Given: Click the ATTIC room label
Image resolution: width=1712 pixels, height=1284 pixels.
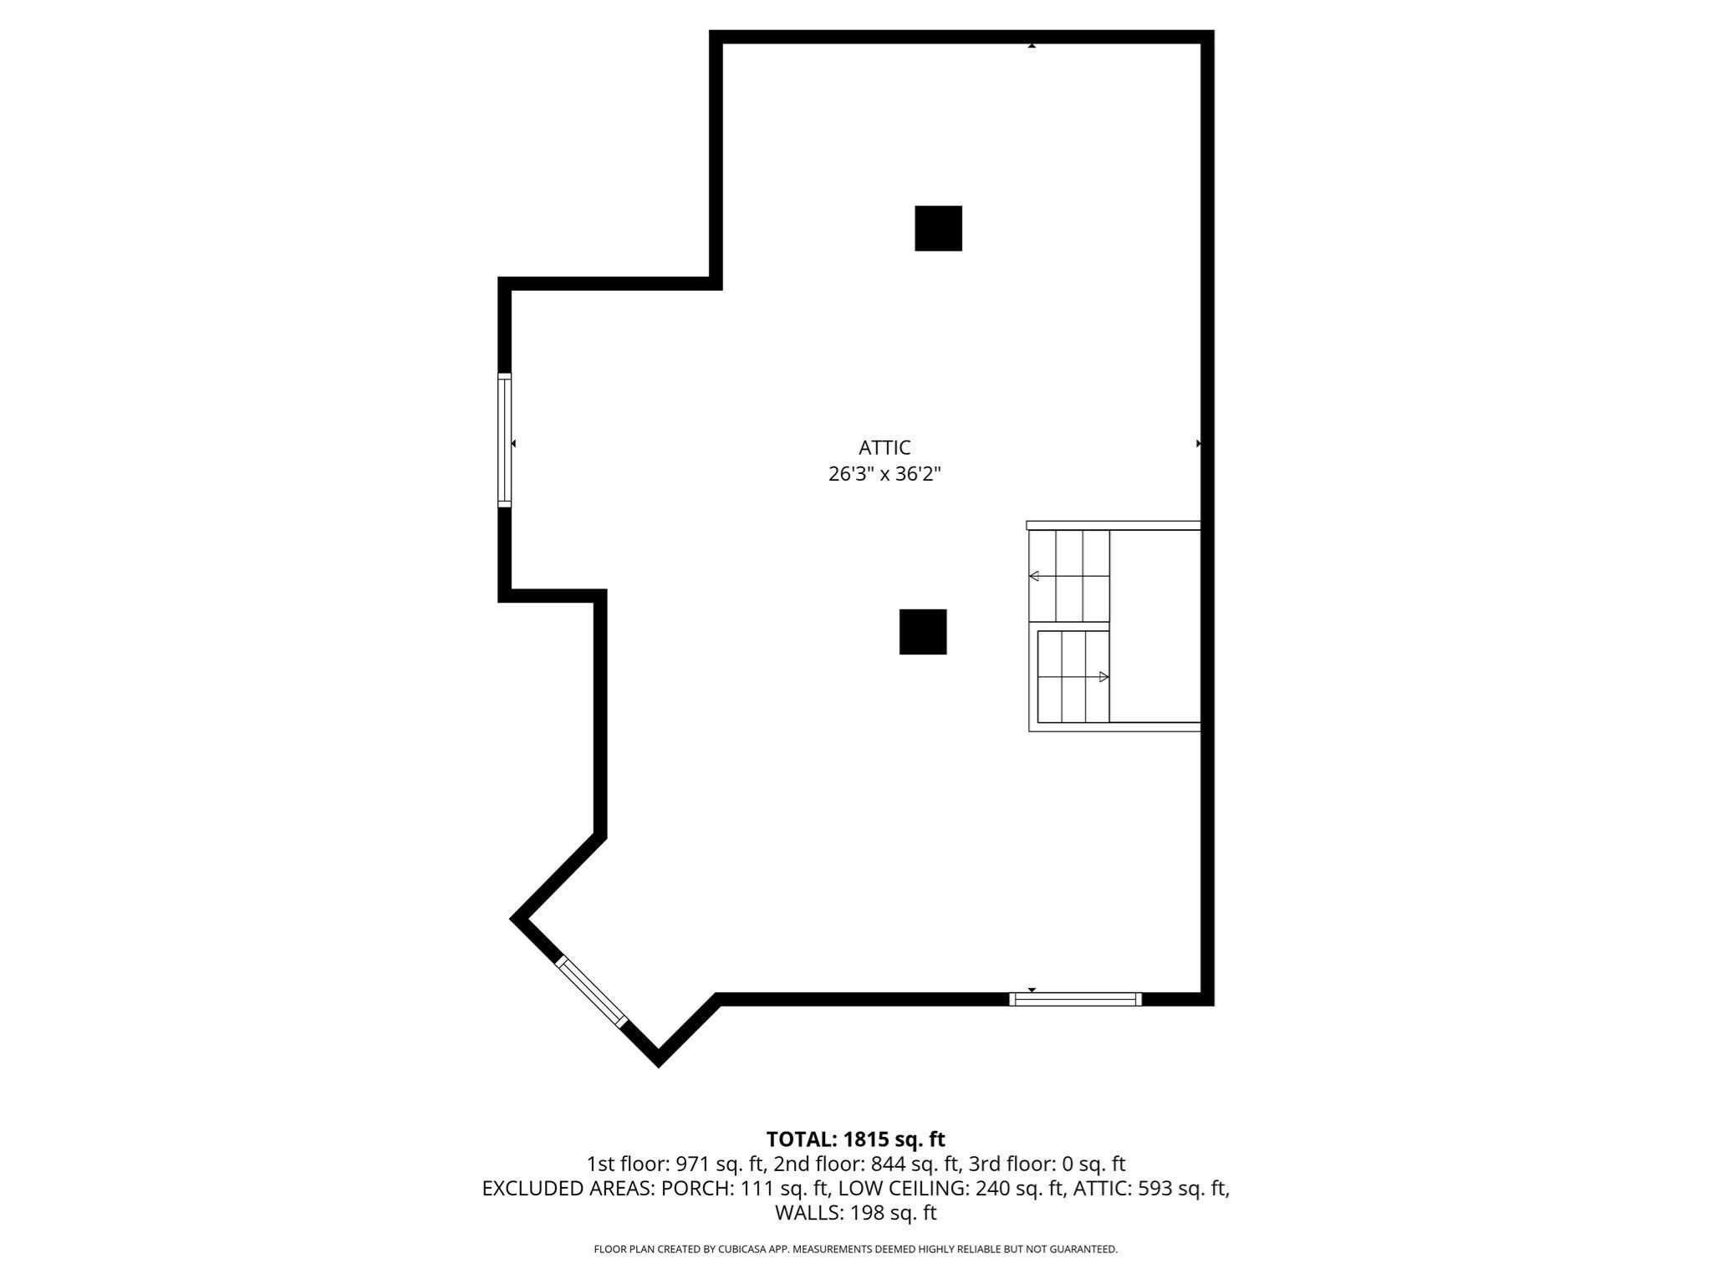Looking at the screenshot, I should pyautogui.click(x=884, y=447).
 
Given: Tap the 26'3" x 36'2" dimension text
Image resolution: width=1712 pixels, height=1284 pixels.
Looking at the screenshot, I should pyautogui.click(x=884, y=474).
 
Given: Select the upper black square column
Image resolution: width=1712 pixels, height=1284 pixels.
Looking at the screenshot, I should pyautogui.click(x=938, y=228).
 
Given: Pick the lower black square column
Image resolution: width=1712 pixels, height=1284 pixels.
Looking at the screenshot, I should pyautogui.click(x=923, y=632).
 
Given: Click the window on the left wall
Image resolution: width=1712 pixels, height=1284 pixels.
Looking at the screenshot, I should pyautogui.click(x=504, y=440).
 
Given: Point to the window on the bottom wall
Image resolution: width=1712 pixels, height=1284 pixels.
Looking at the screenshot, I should pyautogui.click(x=1075, y=999).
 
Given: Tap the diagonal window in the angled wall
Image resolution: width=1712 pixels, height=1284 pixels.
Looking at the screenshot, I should pyautogui.click(x=591, y=991).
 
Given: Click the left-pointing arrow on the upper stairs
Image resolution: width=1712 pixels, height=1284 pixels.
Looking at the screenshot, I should pyautogui.click(x=1034, y=576).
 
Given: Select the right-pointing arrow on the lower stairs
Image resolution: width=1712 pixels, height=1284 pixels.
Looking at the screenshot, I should pyautogui.click(x=1103, y=677).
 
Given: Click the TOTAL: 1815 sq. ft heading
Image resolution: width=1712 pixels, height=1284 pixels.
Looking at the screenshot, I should pyautogui.click(x=855, y=1139).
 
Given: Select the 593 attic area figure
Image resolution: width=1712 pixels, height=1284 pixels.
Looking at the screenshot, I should pyautogui.click(x=1154, y=1188).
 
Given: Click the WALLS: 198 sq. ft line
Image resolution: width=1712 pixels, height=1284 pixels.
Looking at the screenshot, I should pyautogui.click(x=855, y=1212).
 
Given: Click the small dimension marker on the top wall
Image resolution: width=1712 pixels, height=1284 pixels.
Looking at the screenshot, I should pyautogui.click(x=1032, y=46).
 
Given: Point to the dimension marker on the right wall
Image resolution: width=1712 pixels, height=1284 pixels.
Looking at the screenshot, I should pyautogui.click(x=1199, y=443).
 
